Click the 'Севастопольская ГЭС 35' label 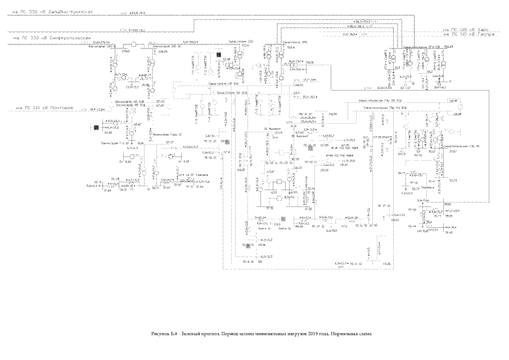tap(461, 146)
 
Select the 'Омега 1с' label tap(264, 229)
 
